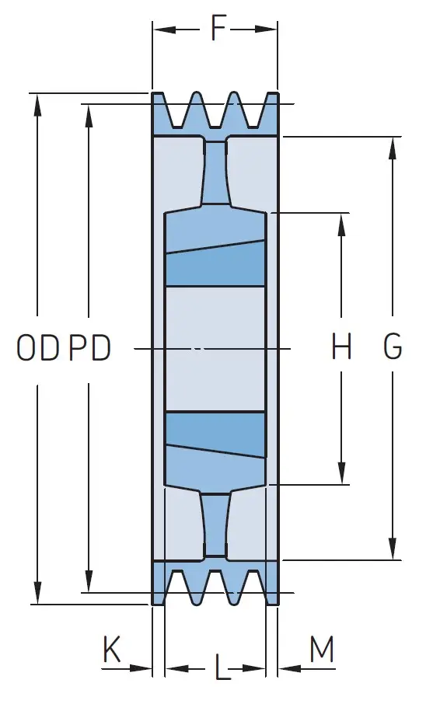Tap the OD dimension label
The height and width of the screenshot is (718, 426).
[x=38, y=347]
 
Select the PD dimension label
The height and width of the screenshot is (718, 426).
[x=89, y=347]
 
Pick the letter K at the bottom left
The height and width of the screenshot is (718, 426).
[x=111, y=649]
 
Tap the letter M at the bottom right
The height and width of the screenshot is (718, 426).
[x=322, y=649]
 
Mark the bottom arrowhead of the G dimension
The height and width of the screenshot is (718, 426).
[x=393, y=549]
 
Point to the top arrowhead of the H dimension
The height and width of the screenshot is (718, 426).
[x=342, y=225]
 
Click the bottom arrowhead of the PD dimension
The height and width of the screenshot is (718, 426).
[x=89, y=581]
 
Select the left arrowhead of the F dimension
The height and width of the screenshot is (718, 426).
[x=165, y=30]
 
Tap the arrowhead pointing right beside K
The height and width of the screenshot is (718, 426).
[x=141, y=668]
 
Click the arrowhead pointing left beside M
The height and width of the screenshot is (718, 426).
[x=289, y=668]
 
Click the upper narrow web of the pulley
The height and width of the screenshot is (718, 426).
[x=215, y=173]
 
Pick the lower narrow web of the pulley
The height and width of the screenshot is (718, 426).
[x=215, y=525]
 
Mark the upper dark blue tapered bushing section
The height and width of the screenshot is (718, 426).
[x=215, y=264]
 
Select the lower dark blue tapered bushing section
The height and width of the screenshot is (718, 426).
[x=215, y=434]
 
